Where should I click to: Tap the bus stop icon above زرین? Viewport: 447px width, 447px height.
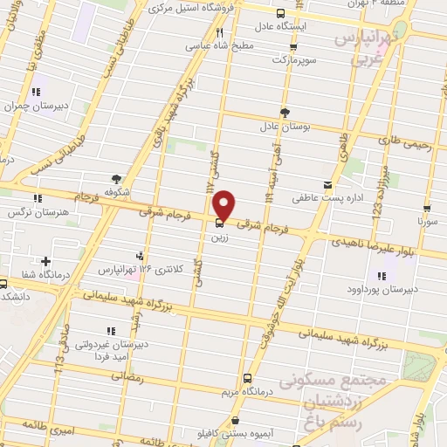(218, 223)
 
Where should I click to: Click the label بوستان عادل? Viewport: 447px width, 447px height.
(285, 128)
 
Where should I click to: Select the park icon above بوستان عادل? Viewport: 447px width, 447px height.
(285, 112)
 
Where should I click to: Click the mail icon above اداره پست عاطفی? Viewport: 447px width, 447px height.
(327, 184)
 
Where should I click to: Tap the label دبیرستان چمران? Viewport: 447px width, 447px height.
(36, 106)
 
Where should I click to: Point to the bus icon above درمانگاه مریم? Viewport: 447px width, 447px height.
(248, 379)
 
